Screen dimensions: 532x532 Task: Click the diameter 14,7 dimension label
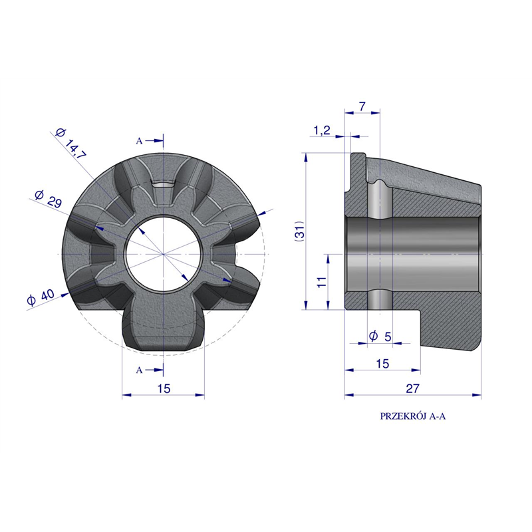(71, 144)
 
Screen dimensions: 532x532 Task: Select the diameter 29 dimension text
(48, 199)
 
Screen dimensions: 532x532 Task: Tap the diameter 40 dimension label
(41, 297)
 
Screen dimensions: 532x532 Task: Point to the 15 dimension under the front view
(164, 388)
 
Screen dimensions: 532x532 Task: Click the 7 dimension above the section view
(362, 106)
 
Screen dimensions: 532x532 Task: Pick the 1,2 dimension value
(322, 130)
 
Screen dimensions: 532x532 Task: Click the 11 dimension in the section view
(322, 281)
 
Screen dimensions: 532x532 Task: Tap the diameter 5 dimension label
(380, 336)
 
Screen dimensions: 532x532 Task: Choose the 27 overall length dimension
(412, 388)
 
